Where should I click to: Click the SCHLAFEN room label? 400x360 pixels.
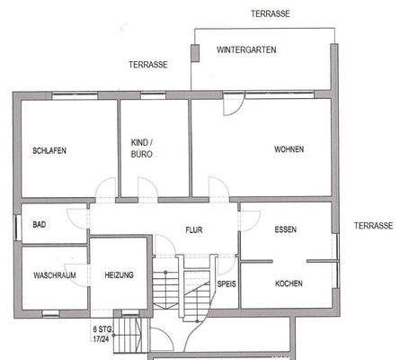click(x=49, y=150)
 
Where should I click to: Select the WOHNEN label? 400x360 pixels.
click(x=289, y=149)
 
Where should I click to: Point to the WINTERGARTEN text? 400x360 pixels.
click(x=246, y=50)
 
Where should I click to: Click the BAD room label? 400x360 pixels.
click(x=40, y=225)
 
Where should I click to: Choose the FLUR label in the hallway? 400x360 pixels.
click(x=194, y=230)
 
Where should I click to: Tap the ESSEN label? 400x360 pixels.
click(x=285, y=229)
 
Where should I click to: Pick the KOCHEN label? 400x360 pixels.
click(x=289, y=283)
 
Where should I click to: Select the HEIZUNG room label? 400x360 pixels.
click(x=119, y=275)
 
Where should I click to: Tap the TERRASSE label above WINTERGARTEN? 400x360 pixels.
click(x=271, y=15)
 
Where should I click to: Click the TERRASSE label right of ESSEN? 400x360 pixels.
click(x=374, y=226)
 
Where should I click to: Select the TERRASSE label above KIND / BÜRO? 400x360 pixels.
click(x=148, y=65)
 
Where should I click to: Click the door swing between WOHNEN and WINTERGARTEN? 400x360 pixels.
click(x=232, y=103)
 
